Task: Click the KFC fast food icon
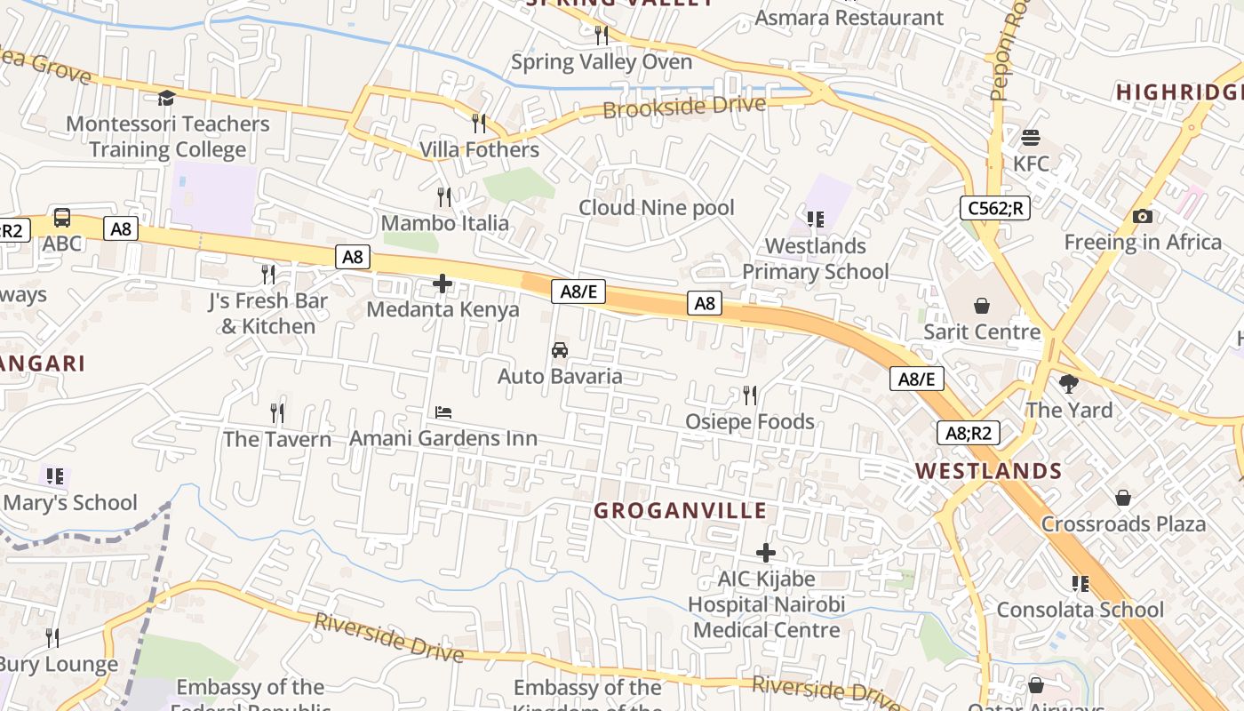tap(1031, 138)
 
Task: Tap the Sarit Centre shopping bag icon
tap(982, 307)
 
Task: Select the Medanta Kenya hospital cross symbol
tap(442, 284)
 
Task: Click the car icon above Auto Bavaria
tap(560, 350)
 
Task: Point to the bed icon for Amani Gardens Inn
tap(443, 412)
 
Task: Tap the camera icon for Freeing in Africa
tap(1143, 217)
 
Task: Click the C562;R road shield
tap(994, 209)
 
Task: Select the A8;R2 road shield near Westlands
tap(968, 434)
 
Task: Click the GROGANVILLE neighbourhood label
tap(680, 511)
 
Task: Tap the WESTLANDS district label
tap(989, 471)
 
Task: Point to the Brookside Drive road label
tap(684, 107)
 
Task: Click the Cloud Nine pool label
tap(657, 208)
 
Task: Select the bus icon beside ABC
tap(62, 218)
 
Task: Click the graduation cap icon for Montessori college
tap(166, 98)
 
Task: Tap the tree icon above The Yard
tap(1069, 384)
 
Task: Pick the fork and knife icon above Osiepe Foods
tap(750, 395)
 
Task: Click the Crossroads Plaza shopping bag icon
tap(1123, 498)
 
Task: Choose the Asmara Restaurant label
tap(849, 18)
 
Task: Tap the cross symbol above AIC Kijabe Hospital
tap(765, 553)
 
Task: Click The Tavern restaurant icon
tap(277, 413)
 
